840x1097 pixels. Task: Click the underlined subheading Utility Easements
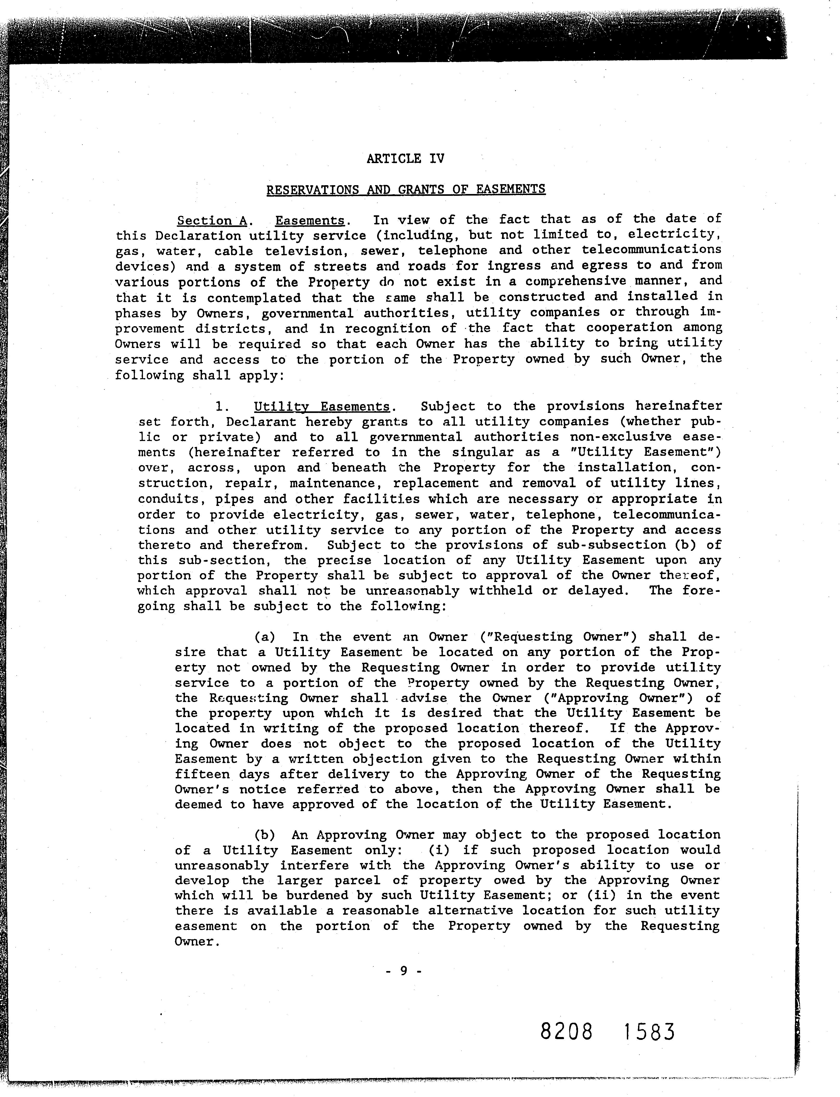coord(321,407)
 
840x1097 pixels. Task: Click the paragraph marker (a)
coord(265,637)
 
